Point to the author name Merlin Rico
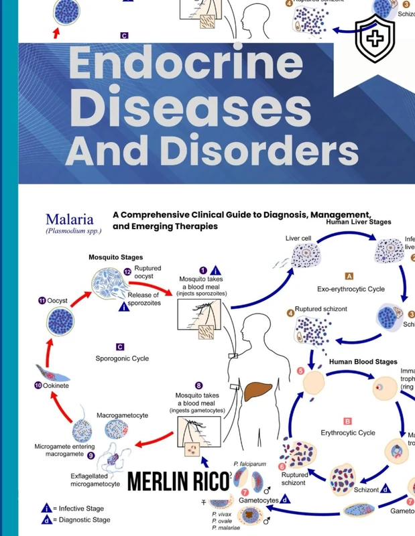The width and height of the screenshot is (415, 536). pos(178,481)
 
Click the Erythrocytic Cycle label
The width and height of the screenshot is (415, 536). pos(348,433)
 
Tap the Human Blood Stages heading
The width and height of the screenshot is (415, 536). pos(363,362)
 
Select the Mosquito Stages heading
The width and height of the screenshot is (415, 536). pos(115,257)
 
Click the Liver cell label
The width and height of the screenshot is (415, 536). pos(298,238)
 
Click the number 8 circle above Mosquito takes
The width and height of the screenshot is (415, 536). pos(199,385)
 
